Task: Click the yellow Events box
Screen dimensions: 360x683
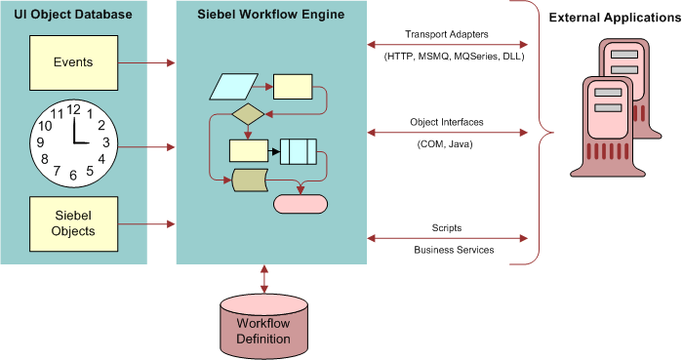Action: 74,62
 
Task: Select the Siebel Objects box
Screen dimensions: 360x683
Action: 74,222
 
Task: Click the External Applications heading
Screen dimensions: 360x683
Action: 615,18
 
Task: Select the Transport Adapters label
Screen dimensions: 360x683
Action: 447,33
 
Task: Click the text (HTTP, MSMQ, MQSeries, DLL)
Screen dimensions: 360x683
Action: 448,57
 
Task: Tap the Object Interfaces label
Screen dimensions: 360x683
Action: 447,122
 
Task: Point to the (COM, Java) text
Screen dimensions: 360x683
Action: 447,143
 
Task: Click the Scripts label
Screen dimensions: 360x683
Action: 447,228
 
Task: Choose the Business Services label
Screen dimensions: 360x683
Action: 447,250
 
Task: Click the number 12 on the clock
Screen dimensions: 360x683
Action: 73,109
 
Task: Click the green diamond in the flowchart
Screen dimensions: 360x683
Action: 248,114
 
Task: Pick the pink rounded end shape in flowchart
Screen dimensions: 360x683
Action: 301,204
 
